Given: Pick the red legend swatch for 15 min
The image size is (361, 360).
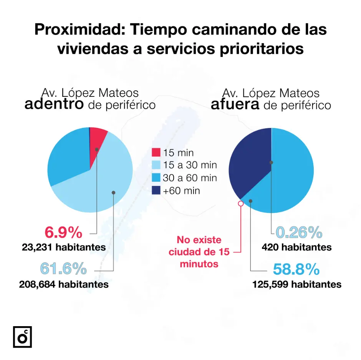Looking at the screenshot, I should pos(156,153).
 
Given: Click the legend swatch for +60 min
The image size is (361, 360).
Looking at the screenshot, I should pos(156,191).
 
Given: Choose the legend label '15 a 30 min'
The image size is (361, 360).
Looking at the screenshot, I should pos(190,165).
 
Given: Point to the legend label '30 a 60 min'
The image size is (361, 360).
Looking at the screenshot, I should pos(190,178).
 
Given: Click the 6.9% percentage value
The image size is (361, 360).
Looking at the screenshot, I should pos(64,232).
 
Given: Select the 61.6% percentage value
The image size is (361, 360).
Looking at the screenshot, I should pos(64,269).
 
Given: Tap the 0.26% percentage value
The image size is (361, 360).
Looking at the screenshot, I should pos(299,232).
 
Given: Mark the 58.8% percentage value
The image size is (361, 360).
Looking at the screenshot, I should pos(296,269).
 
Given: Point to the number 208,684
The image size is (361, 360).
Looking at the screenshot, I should pos(37,284).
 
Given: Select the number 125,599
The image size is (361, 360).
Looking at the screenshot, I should pos(270,284).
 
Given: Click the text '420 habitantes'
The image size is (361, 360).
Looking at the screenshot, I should pos(296,247).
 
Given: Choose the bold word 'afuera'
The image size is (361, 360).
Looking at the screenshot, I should pos(235,105).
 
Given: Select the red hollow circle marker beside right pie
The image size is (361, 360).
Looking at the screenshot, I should pos(241,204).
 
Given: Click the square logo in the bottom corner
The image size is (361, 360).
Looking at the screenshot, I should pos(22,337).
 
